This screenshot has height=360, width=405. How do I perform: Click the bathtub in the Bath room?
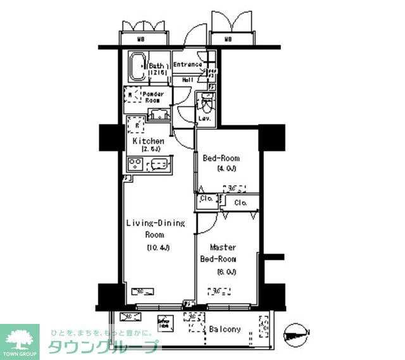137,67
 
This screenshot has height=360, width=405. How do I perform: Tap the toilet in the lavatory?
206,101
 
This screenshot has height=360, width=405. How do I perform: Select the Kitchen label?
149,141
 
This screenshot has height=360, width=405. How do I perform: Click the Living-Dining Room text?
155,228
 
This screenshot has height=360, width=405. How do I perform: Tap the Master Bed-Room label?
218,253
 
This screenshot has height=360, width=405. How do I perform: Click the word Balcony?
225,329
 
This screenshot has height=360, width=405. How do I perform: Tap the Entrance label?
187,65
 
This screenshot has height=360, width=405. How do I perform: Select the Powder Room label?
154,97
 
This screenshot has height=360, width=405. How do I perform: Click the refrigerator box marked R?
134,124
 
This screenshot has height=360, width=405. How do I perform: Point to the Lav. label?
204,118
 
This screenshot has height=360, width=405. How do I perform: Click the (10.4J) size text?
158,247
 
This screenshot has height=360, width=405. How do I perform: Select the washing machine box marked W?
130,96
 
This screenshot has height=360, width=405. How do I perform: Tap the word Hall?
188,80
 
